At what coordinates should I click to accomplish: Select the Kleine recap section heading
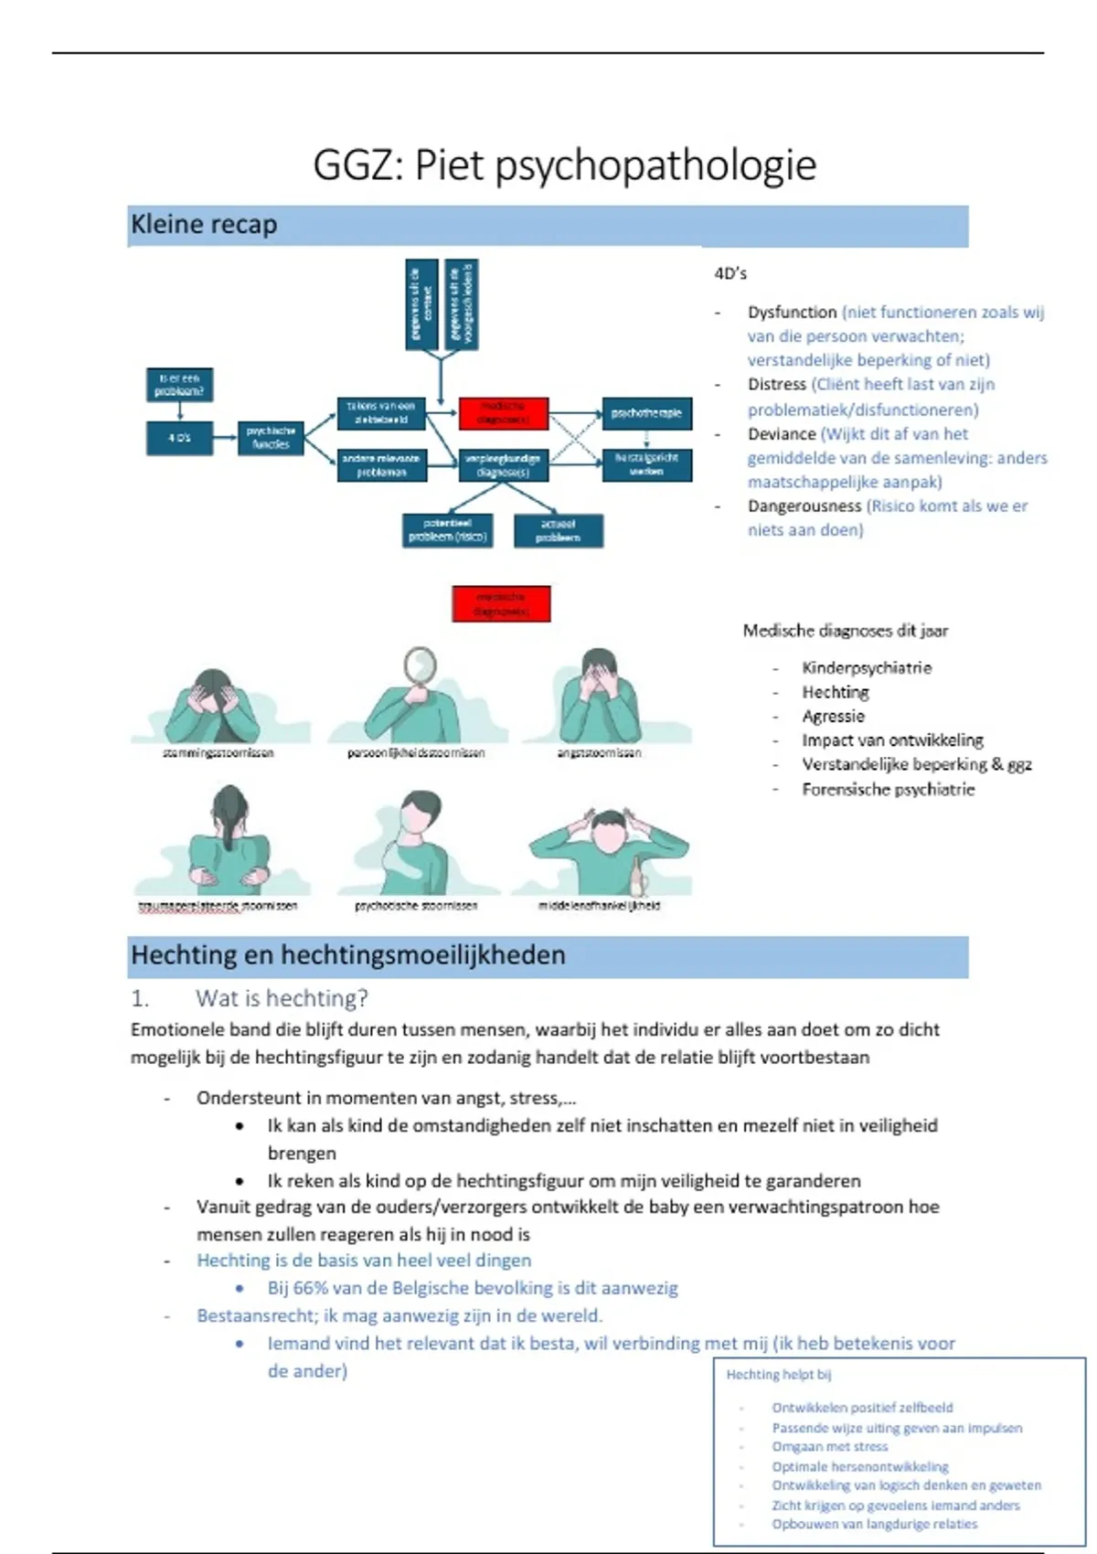tap(204, 225)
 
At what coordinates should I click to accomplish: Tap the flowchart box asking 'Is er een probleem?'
tap(179, 384)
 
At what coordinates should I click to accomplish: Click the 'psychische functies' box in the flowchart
tap(271, 437)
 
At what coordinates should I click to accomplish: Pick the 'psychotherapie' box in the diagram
tap(646, 413)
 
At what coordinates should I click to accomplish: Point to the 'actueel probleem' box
tap(558, 531)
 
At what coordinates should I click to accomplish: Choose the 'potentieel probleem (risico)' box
tap(447, 530)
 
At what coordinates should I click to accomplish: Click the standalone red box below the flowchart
tap(501, 604)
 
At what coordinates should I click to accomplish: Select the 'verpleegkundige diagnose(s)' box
tap(502, 465)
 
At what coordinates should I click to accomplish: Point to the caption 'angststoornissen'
tap(599, 753)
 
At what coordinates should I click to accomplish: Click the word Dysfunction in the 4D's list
tap(792, 313)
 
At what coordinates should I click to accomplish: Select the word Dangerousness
tap(804, 506)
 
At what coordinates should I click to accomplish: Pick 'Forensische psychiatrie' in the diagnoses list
tap(888, 790)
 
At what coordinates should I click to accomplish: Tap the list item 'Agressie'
tap(833, 717)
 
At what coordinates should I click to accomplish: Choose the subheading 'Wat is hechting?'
tap(282, 998)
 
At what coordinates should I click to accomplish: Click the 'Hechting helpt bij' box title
tap(779, 1375)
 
